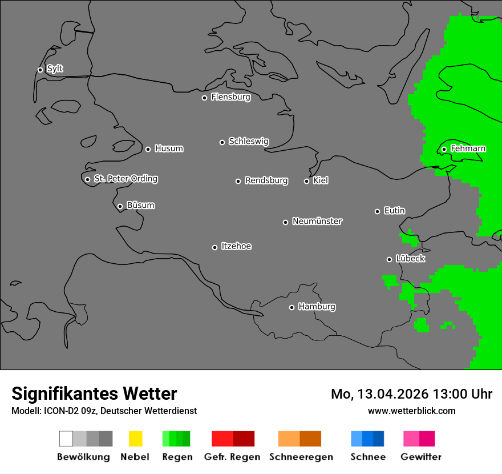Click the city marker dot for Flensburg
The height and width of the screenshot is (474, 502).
(204, 98)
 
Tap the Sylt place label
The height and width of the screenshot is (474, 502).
(55, 69)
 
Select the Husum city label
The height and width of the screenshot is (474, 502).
(169, 148)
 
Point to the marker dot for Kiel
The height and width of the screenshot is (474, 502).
(306, 181)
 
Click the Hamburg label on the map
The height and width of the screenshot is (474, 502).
(317, 307)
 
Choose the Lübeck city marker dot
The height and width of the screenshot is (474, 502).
(389, 259)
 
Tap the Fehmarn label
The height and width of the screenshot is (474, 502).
(468, 148)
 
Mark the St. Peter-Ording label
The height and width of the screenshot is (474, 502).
(125, 179)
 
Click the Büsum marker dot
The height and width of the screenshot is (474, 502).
(120, 206)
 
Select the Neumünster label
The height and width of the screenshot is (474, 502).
(317, 221)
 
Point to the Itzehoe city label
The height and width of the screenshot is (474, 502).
(236, 246)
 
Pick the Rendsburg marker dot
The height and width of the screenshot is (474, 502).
(238, 181)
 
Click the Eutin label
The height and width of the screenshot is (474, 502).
(394, 211)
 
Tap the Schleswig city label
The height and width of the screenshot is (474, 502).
(248, 141)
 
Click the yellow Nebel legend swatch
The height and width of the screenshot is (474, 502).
(136, 439)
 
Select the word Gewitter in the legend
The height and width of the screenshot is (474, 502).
(420, 457)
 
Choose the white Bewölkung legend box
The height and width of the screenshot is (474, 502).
(66, 439)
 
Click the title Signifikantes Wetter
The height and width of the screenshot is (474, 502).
(94, 393)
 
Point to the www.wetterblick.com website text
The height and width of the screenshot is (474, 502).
(411, 411)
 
